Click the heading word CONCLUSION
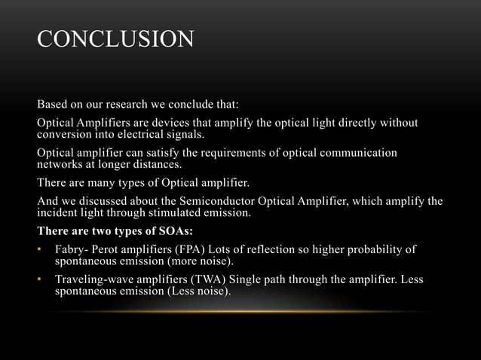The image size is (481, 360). coord(115,38)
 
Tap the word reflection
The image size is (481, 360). coord(274,249)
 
